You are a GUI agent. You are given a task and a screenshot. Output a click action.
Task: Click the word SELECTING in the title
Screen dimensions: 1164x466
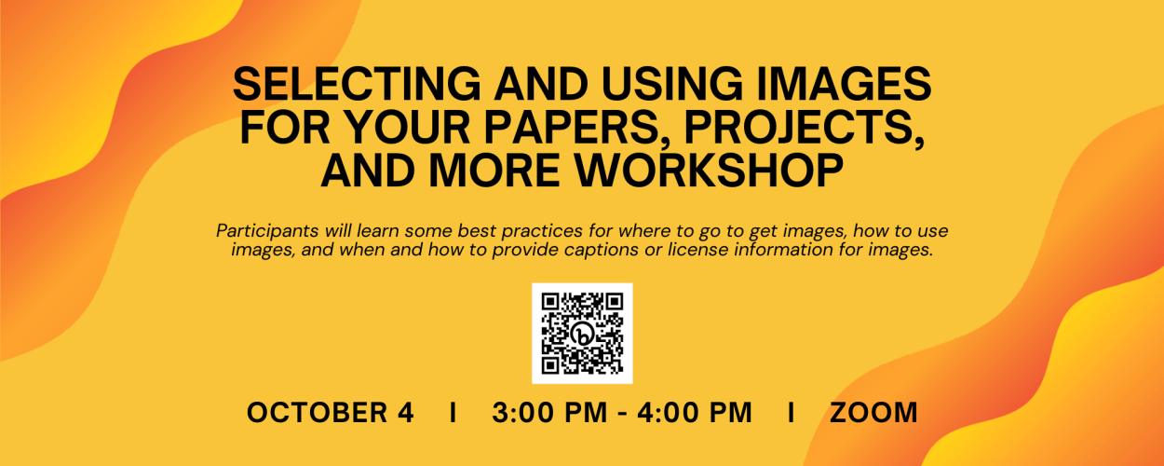[x=358, y=84]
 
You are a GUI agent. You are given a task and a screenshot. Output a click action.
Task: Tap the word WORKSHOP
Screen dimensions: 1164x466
[x=709, y=171]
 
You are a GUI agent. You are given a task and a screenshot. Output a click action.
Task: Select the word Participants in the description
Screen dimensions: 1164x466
[x=269, y=231]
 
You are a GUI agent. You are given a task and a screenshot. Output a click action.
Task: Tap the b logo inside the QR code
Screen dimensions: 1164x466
[x=582, y=334]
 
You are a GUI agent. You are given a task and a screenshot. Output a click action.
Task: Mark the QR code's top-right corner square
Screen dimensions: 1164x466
[x=615, y=302]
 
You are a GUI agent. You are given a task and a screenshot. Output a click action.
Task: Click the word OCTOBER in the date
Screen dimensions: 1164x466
[x=317, y=413]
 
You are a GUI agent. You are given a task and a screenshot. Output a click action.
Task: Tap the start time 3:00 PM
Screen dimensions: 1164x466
[x=549, y=413]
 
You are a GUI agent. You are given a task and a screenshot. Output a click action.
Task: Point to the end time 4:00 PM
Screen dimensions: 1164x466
[x=695, y=413]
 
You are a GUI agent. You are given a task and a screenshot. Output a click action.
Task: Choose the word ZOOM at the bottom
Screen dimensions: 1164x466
[x=873, y=413]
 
